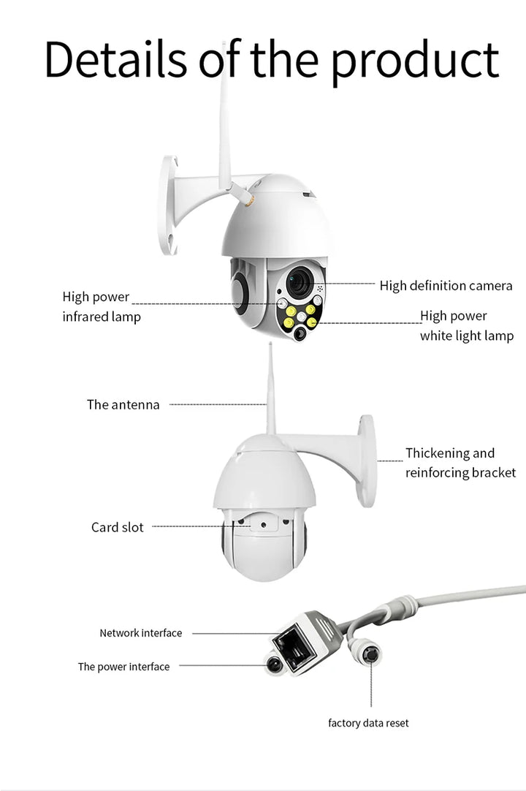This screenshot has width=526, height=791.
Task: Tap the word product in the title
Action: [416, 61]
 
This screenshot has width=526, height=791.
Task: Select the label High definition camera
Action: [446, 286]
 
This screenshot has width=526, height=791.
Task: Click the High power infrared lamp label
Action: [101, 307]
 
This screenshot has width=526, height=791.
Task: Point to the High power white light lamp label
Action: [466, 326]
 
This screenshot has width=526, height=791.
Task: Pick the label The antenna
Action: [123, 404]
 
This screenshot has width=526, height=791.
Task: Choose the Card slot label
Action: [117, 527]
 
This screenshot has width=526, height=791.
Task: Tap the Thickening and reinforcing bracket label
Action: [460, 463]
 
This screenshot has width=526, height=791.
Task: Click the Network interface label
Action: [140, 633]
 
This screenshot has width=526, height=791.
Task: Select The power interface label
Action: [123, 667]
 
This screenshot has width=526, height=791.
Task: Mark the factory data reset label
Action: [368, 723]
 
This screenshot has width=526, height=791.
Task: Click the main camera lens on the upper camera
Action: [299, 282]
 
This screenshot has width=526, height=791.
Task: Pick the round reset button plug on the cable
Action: [370, 653]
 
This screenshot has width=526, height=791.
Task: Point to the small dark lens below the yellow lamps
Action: [300, 333]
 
